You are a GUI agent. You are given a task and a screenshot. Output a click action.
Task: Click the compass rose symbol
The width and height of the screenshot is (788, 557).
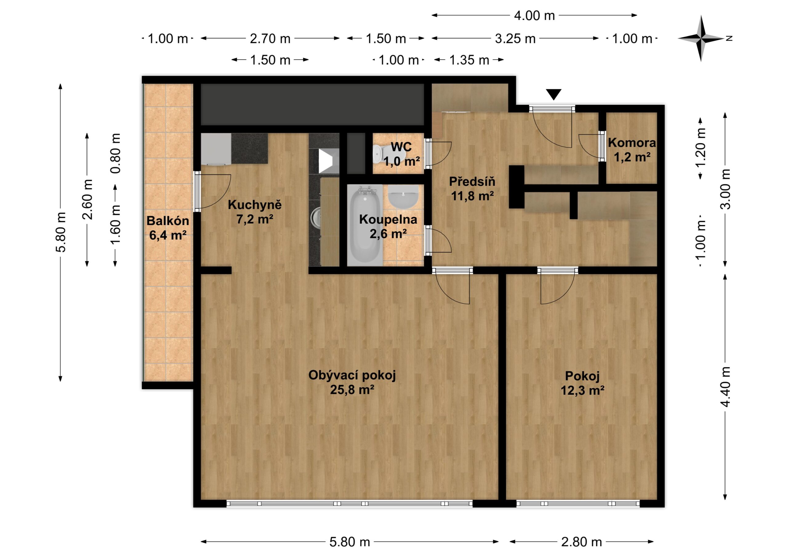(x=701, y=38)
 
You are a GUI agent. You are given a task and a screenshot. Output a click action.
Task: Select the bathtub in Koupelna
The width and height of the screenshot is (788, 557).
(x=364, y=225)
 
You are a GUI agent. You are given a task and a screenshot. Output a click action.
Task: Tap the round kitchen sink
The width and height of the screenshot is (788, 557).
(x=316, y=218)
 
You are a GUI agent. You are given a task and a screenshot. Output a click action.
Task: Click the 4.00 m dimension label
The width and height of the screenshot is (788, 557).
(x=534, y=15)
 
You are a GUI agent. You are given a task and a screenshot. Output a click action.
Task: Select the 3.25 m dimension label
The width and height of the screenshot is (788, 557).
(x=515, y=39)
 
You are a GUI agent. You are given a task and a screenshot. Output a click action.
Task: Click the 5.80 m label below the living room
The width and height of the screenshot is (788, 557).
(x=349, y=542)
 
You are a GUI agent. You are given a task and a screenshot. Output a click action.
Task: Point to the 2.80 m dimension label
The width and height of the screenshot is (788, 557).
(x=581, y=542)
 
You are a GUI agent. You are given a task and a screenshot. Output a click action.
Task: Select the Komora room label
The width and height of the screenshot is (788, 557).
(x=632, y=143)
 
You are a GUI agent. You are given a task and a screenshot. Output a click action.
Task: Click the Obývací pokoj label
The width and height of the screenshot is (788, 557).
(x=352, y=375)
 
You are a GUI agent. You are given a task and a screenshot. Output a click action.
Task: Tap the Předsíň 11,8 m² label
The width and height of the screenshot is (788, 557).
(x=472, y=189)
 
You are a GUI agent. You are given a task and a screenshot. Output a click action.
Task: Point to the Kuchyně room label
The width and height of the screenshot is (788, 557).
(x=255, y=205)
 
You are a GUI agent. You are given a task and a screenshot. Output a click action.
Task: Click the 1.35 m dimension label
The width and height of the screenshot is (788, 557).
(x=469, y=60)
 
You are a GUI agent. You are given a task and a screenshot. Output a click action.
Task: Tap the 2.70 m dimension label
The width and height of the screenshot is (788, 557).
(x=270, y=39)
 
